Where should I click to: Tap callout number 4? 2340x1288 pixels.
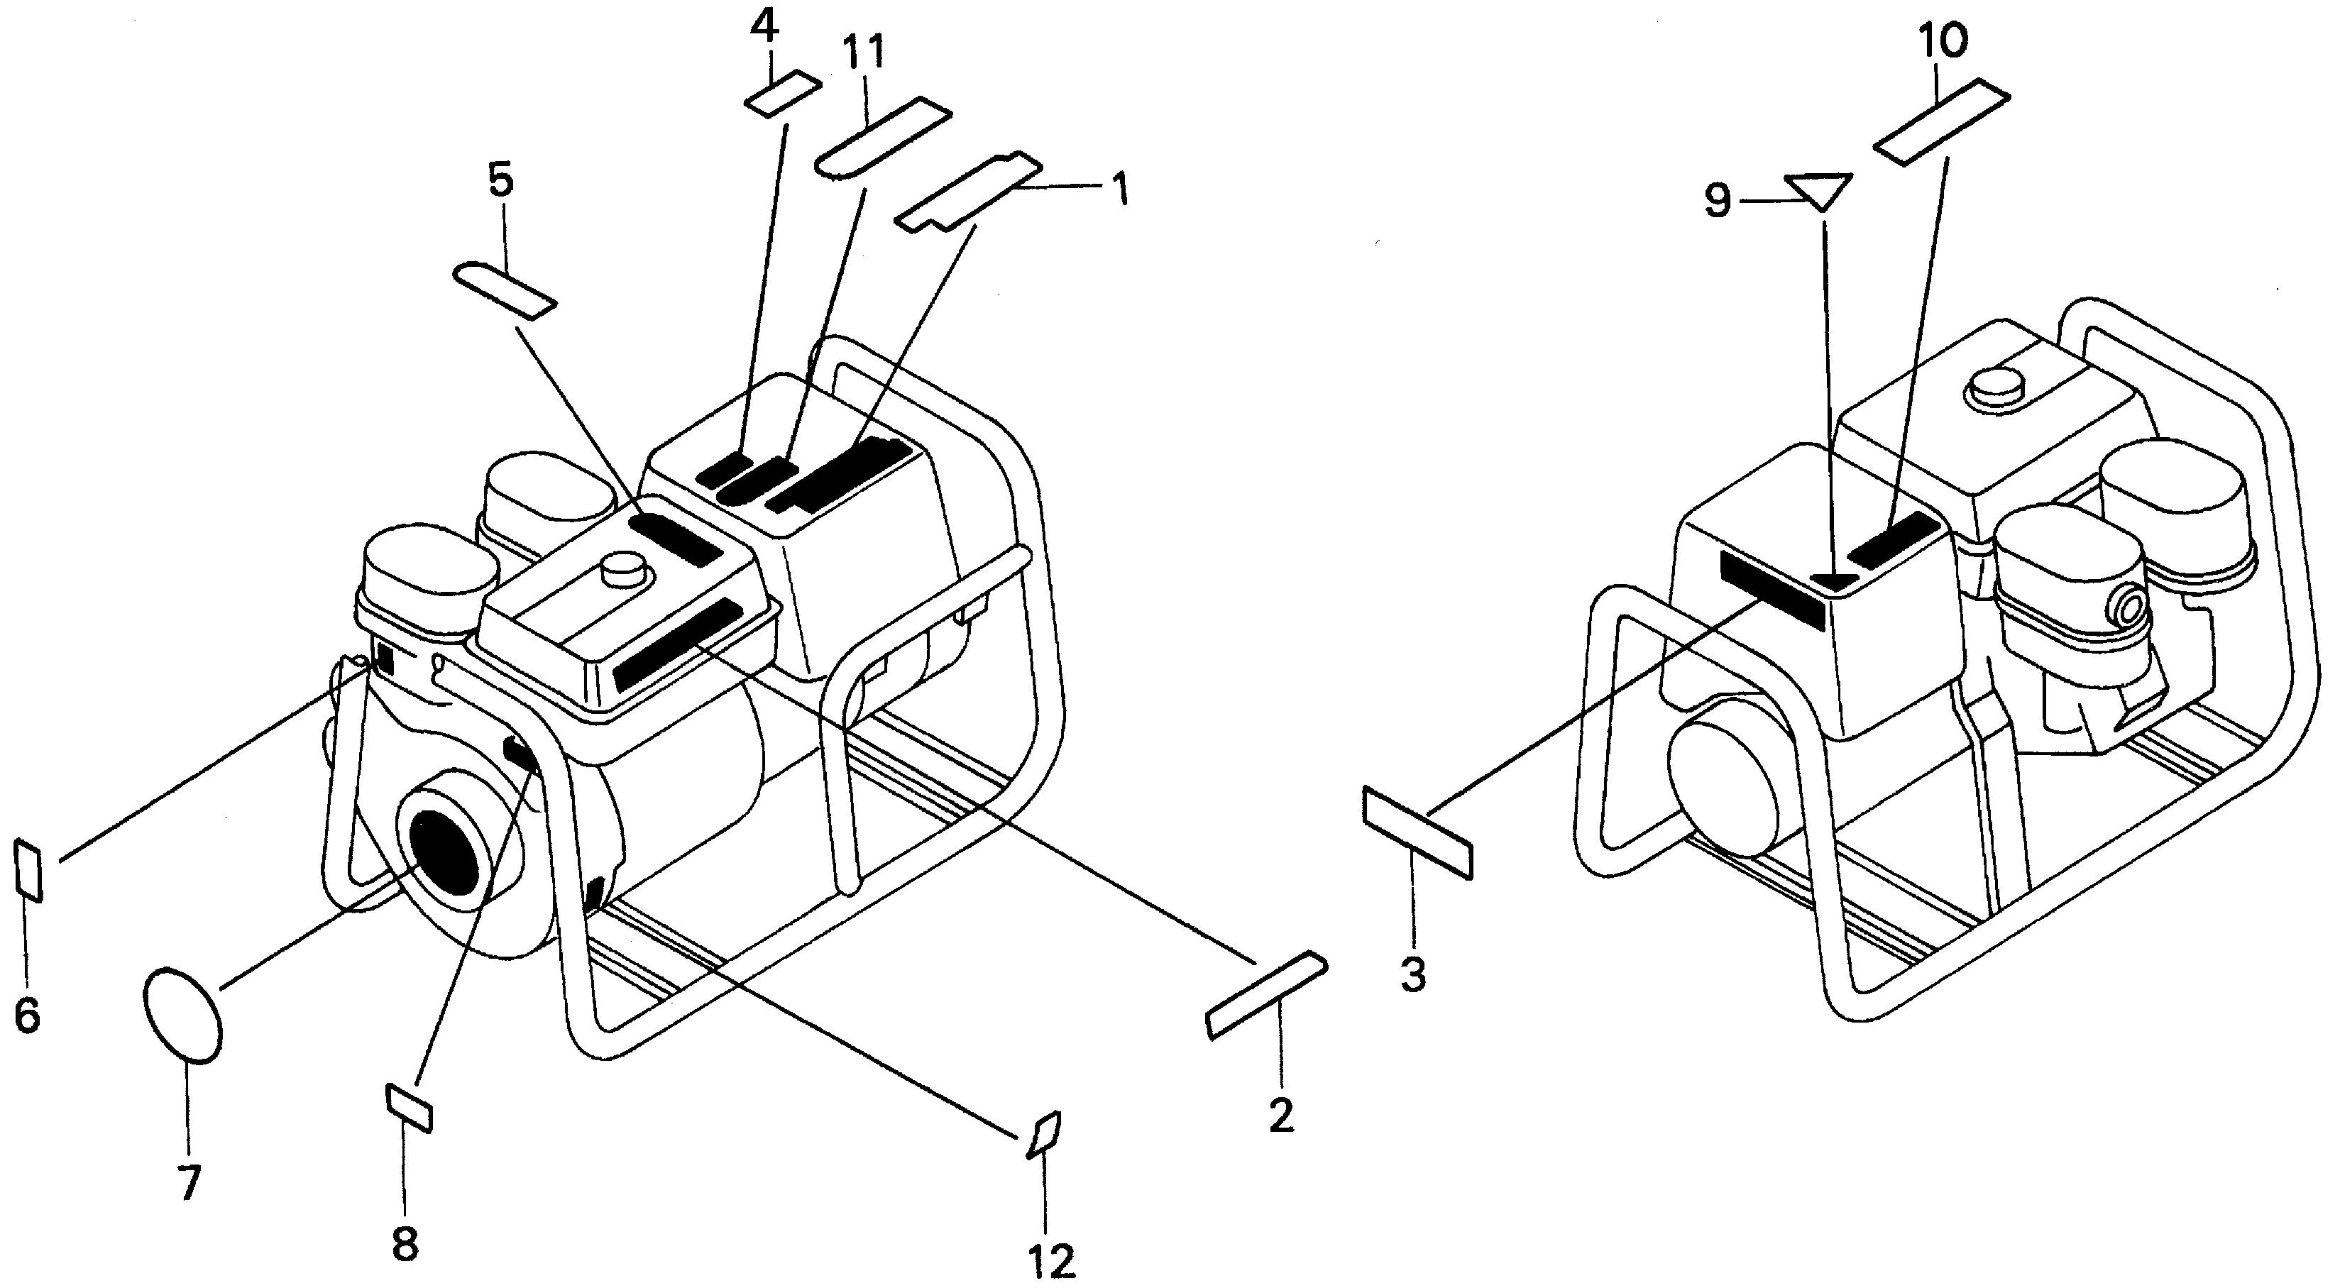coord(764,30)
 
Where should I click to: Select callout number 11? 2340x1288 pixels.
coord(863,55)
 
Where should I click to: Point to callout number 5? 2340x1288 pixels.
coord(500,181)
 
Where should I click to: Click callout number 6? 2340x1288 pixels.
coord(27,1015)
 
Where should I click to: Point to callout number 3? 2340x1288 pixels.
coord(1412,974)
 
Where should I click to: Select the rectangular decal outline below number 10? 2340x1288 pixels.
coord(1942,123)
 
